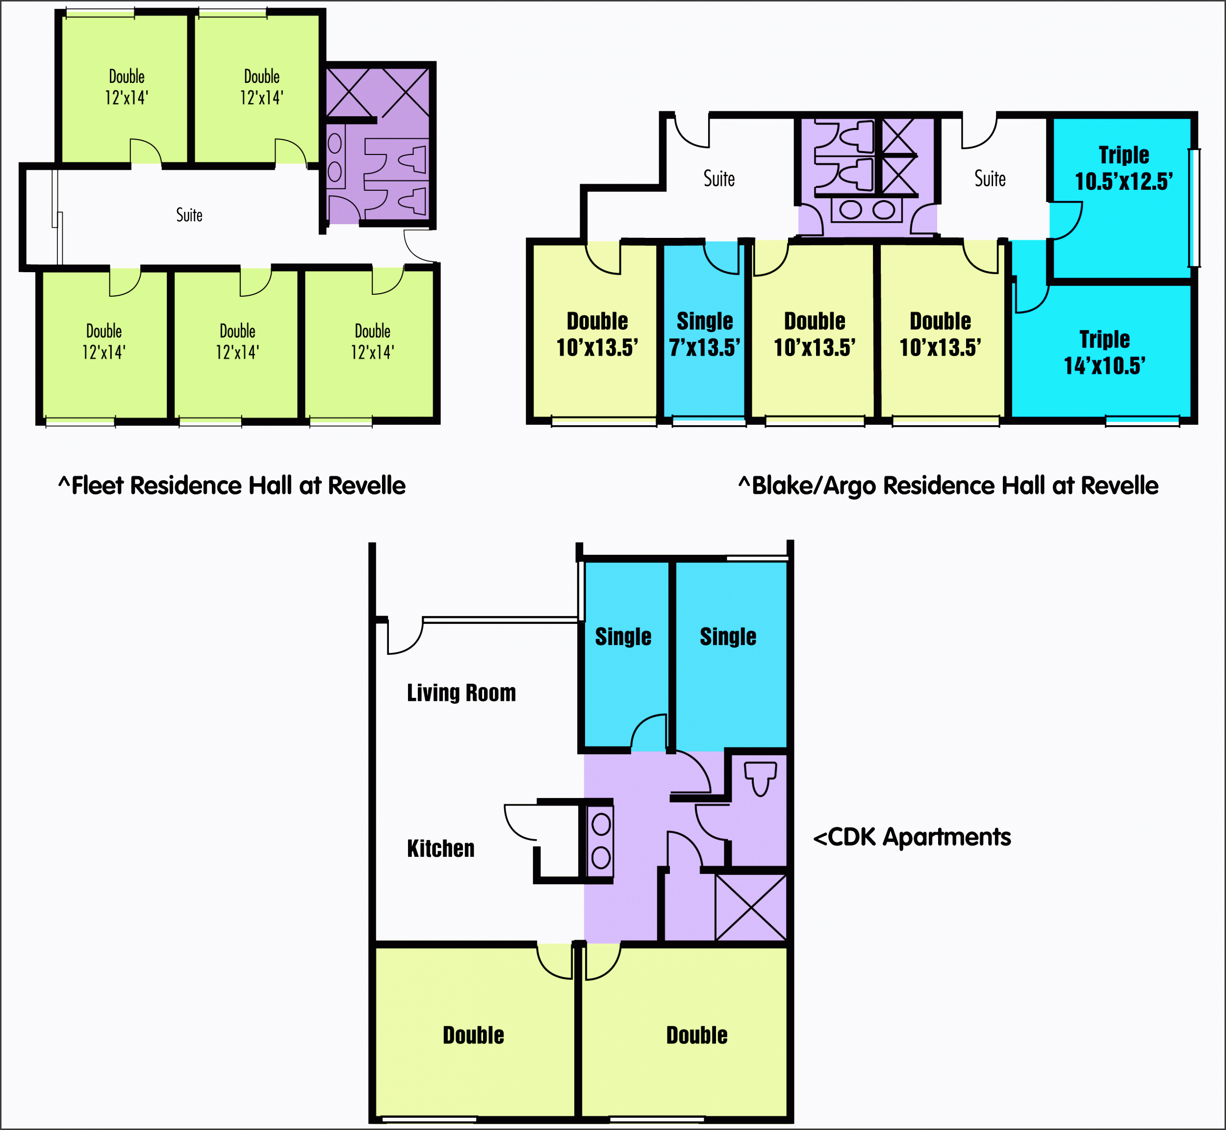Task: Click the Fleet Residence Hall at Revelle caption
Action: pyautogui.click(x=232, y=486)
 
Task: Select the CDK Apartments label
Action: pyautogui.click(x=912, y=837)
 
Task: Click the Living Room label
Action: pyautogui.click(x=461, y=693)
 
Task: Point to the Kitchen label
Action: pyautogui.click(x=440, y=848)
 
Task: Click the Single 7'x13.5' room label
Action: pyautogui.click(x=704, y=334)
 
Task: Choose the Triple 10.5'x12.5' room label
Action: pyautogui.click(x=1124, y=168)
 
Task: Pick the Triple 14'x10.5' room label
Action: pyautogui.click(x=1104, y=352)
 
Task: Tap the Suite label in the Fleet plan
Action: pyautogui.click(x=189, y=215)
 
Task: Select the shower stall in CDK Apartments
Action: pyautogui.click(x=751, y=907)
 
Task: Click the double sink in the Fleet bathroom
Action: pyautogui.click(x=334, y=158)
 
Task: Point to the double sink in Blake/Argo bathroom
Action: pyautogui.click(x=867, y=210)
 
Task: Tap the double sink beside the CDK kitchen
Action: pyautogui.click(x=600, y=842)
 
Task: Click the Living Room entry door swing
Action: pyautogui.click(x=404, y=637)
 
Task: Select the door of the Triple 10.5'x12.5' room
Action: pyautogui.click(x=1066, y=221)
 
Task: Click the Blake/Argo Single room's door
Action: pyautogui.click(x=721, y=257)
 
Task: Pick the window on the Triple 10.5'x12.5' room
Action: pyautogui.click(x=1194, y=208)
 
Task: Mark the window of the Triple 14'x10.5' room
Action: pyautogui.click(x=1142, y=421)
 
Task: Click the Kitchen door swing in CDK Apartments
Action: pyautogui.click(x=521, y=822)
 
